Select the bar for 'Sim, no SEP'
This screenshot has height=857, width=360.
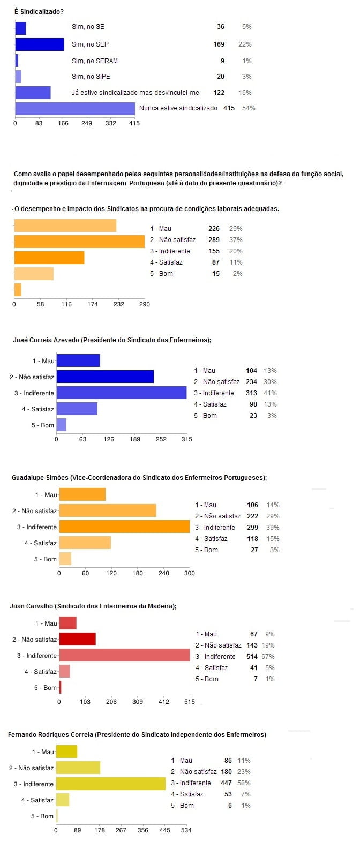pyautogui.click(x=40, y=44)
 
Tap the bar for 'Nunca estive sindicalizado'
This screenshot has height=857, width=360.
pyautogui.click(x=75, y=109)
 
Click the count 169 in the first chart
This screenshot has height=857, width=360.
pyautogui.click(x=219, y=44)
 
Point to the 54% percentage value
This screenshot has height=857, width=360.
pyautogui.click(x=249, y=108)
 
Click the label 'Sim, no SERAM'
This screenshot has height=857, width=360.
pyautogui.click(x=95, y=61)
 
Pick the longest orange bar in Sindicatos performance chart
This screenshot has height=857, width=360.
pyautogui.click(x=79, y=242)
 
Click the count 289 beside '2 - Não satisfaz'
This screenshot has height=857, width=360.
pyautogui.click(x=214, y=240)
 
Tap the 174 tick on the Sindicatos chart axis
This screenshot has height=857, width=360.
pyautogui.click(x=93, y=304)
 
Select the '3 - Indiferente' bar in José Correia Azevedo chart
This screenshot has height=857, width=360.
pyautogui.click(x=121, y=393)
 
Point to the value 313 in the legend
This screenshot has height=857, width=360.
pyautogui.click(x=251, y=393)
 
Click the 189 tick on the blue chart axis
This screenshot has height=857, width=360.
pyautogui.click(x=135, y=439)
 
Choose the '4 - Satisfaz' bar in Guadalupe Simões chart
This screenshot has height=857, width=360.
pyautogui.click(x=85, y=543)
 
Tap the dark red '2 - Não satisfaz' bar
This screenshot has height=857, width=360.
pyautogui.click(x=77, y=639)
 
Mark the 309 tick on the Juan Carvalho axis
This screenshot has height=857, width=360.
pyautogui.click(x=138, y=702)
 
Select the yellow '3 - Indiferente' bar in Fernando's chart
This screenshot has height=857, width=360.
pyautogui.click(x=110, y=784)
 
